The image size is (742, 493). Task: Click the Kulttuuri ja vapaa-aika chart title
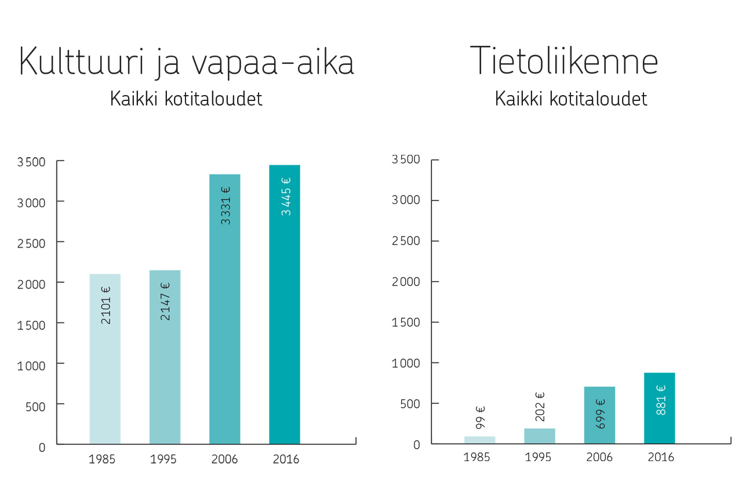tap(187, 62)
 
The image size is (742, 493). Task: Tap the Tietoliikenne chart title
tap(564, 60)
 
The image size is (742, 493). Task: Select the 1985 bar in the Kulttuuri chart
tap(105, 359)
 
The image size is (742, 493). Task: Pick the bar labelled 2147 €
tap(165, 357)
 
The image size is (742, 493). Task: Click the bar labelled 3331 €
tap(224, 309)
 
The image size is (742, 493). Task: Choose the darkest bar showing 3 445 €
tap(285, 304)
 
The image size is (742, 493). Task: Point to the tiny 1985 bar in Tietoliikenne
tap(479, 440)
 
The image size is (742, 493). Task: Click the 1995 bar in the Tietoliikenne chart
tap(540, 436)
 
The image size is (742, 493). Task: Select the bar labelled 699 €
tap(599, 415)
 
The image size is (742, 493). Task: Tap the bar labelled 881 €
tap(660, 408)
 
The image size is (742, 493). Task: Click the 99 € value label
tap(480, 418)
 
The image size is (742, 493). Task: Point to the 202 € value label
tap(540, 407)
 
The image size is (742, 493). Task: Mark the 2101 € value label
tap(106, 305)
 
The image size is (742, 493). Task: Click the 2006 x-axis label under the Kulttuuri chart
tap(224, 459)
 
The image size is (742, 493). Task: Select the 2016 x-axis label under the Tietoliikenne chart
tap(661, 457)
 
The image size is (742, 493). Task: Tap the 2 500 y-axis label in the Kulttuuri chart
tap(31, 244)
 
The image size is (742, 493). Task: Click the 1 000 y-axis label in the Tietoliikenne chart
tap(406, 364)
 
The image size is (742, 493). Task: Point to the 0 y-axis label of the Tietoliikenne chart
tap(417, 445)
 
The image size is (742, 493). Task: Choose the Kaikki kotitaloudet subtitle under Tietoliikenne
tap(571, 99)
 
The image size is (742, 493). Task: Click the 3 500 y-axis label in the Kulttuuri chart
tap(31, 162)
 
